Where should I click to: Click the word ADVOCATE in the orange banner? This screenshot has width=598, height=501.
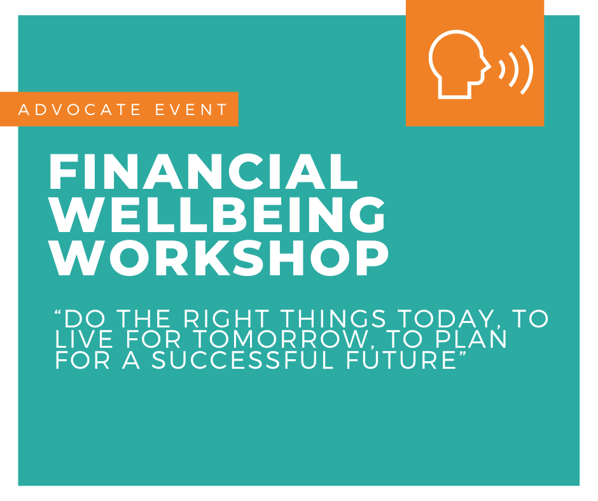pos(80,109)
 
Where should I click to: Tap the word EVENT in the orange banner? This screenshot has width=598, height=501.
pos(191,109)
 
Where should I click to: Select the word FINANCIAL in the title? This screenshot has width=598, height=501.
pos(204,172)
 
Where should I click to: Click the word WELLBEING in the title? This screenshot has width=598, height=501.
pos(218,214)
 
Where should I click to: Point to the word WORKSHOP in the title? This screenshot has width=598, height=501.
pos(219,257)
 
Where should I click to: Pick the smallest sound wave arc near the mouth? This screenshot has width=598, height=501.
pos(503,69)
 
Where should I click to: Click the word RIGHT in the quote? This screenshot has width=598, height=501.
pos(226,319)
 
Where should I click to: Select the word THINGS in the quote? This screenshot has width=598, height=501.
pos(334,319)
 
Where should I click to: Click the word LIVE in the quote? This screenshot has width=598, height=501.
pos(84,339)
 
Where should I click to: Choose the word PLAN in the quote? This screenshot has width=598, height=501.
pos(471,339)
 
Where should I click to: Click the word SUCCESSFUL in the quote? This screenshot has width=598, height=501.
pos(243,360)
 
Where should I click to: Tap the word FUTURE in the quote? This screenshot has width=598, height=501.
pos(401,360)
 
